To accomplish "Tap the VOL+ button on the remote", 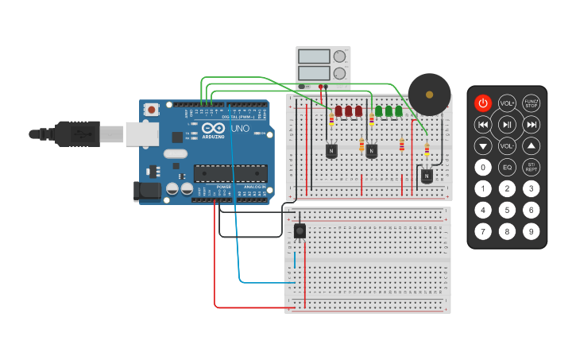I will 507,103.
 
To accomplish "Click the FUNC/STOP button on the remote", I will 532,103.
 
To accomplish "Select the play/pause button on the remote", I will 507,124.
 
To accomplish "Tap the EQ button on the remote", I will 507,167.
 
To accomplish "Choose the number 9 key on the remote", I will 532,231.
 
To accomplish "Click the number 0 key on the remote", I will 482,167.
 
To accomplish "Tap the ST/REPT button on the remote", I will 532,167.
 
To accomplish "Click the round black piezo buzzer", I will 429,95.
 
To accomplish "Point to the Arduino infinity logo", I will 213,128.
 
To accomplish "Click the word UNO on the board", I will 239,128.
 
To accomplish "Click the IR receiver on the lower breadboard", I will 300,230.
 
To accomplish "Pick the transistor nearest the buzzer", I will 427,175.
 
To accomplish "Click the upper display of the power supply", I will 314,56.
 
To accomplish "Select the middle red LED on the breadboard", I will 348,111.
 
